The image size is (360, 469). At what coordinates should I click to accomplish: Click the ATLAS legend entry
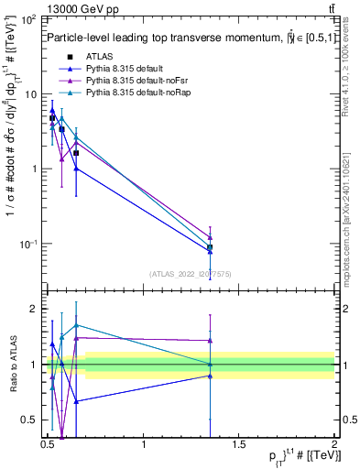tap(99, 57)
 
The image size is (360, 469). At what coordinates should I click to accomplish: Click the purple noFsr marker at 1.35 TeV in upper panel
tap(211, 237)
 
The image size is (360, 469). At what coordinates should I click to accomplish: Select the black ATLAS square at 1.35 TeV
tap(211, 247)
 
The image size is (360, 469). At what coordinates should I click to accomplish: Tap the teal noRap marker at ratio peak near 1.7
tap(76, 325)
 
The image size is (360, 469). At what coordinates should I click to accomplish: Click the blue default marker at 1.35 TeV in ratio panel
tap(211, 376)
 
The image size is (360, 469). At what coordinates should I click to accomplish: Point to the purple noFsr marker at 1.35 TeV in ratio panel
tap(211, 341)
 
